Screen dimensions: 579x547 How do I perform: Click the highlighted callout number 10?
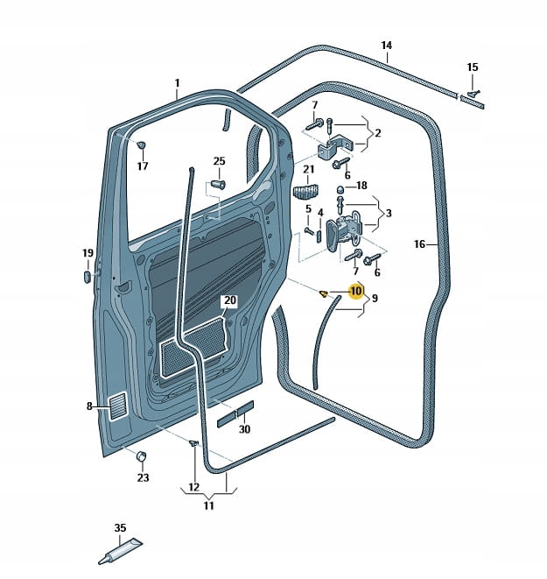(x=355, y=292)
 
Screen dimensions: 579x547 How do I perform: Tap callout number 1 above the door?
(x=177, y=84)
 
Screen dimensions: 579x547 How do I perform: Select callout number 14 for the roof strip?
(x=387, y=46)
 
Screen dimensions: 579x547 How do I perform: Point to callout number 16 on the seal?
(x=419, y=244)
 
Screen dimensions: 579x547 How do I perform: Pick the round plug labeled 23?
(x=142, y=458)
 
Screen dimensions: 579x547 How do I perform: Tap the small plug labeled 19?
(x=88, y=277)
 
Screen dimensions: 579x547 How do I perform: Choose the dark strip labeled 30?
(x=235, y=413)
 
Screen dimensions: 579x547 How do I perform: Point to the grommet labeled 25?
(x=218, y=185)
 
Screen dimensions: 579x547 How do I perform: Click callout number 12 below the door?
(x=193, y=488)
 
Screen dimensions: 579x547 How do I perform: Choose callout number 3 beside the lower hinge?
(x=389, y=213)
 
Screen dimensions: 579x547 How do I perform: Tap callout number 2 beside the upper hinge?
(x=378, y=133)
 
